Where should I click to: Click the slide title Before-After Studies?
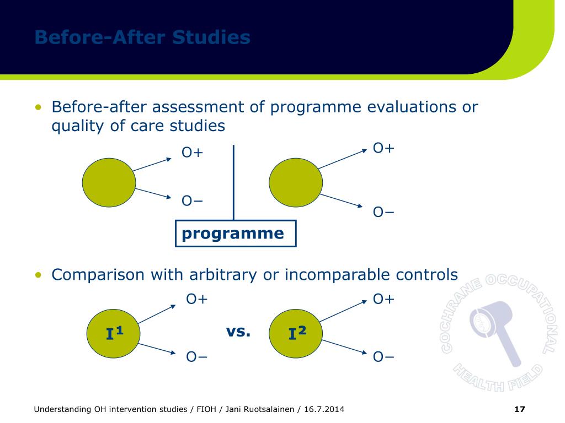(x=142, y=37)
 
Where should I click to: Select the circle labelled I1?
(x=114, y=333)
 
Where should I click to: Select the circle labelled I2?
(x=296, y=333)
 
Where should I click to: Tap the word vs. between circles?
(x=238, y=332)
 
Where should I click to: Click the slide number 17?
(x=519, y=409)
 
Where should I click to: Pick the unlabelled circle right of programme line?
(x=296, y=182)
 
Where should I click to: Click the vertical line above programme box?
(x=233, y=182)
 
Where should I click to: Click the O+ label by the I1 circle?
(x=196, y=299)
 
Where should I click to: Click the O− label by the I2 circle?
(x=383, y=357)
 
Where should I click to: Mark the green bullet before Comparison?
(x=38, y=274)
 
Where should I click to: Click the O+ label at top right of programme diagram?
(x=383, y=148)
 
